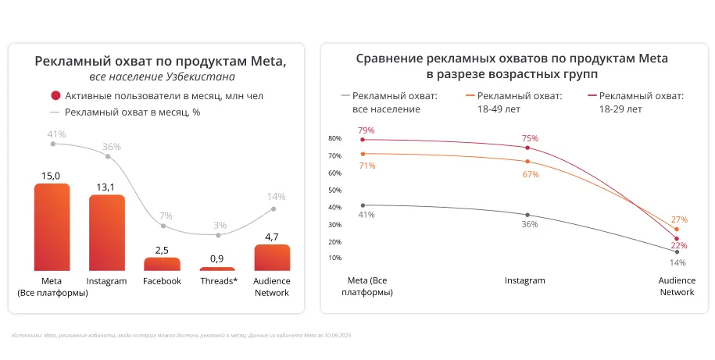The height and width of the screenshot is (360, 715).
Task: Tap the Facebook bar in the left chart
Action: point(162,264)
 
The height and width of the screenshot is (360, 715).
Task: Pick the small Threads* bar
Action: point(217,269)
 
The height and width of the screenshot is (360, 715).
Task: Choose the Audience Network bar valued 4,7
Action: point(272,258)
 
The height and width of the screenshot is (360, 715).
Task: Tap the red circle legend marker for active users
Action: point(55,96)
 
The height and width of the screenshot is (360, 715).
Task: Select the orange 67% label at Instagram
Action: point(531,174)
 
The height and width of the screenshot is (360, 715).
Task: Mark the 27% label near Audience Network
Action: point(679,219)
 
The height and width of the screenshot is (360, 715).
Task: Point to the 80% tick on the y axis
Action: point(334,139)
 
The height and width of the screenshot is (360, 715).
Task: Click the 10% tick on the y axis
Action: point(334,258)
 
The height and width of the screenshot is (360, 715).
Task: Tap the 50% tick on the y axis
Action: point(334,190)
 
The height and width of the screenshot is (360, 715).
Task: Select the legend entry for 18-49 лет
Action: point(514,102)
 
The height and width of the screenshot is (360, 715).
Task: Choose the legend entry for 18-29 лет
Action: point(636,102)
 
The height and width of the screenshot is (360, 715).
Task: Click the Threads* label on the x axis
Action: point(217,281)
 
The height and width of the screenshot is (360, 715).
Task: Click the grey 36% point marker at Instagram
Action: point(527,215)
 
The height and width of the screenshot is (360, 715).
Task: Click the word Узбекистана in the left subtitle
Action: point(200,77)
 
